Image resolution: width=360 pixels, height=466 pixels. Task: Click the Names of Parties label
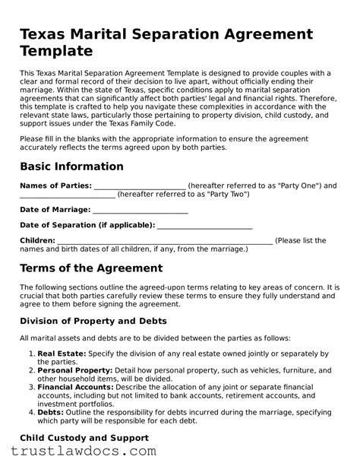(x=55, y=185)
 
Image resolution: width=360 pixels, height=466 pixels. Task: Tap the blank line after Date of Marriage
(x=141, y=210)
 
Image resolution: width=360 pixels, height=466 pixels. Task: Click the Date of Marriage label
(x=55, y=210)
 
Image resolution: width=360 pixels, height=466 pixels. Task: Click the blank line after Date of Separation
(x=204, y=226)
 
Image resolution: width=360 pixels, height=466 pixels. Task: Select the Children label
(x=37, y=241)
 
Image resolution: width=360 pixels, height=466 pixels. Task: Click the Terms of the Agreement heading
(x=90, y=268)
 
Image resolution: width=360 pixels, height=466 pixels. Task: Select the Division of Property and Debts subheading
(x=93, y=321)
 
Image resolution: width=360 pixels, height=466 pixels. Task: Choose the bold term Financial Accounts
(x=76, y=386)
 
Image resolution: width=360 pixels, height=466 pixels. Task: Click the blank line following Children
(x=164, y=241)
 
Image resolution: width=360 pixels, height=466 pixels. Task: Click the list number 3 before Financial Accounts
(x=31, y=386)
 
